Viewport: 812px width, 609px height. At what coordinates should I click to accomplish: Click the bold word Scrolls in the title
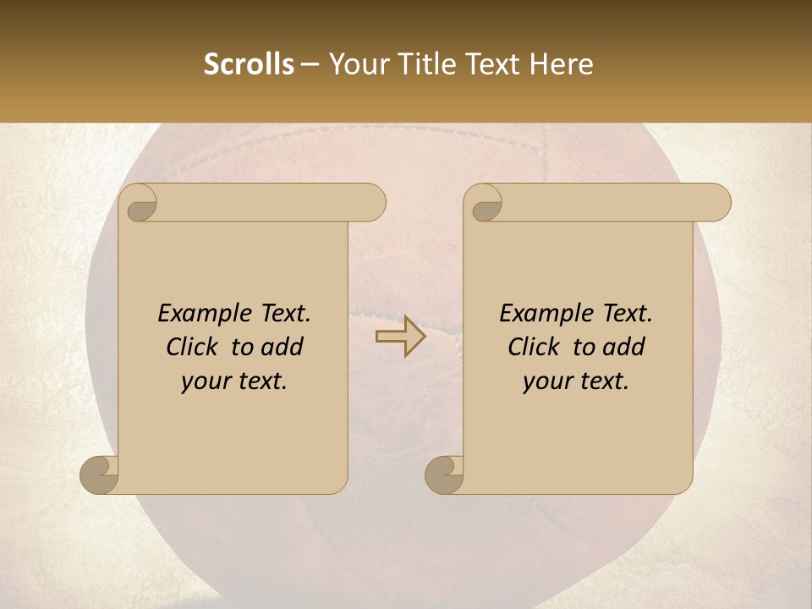tap(249, 64)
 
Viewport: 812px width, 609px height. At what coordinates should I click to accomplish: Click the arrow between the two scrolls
tap(401, 337)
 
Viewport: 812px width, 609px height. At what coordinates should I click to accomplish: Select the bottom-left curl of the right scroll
tap(444, 475)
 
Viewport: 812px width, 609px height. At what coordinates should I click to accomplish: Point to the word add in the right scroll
tap(624, 348)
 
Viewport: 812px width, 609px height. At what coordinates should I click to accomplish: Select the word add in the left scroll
tap(283, 348)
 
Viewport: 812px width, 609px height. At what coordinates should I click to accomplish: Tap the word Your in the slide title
tap(354, 64)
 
